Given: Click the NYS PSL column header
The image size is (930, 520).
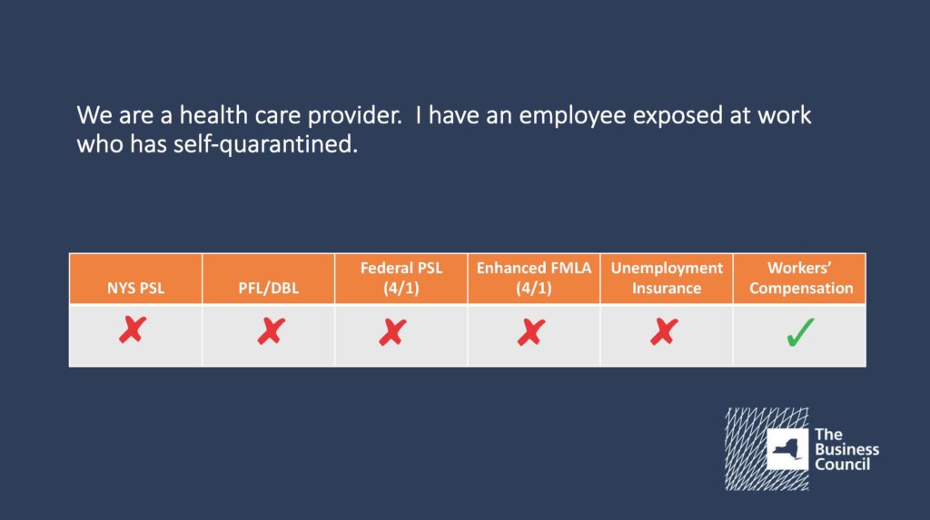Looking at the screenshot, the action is click(x=136, y=289).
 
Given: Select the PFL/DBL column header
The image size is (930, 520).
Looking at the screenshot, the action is click(x=269, y=289).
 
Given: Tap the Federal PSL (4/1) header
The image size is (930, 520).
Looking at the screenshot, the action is click(x=401, y=278).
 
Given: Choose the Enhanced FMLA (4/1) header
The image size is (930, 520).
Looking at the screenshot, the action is click(x=534, y=278).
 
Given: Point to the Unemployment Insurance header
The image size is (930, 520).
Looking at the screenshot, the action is click(x=667, y=278).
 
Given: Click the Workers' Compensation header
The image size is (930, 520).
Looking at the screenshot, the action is click(x=801, y=278).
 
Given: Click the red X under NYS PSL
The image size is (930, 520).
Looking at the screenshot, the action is click(x=133, y=329).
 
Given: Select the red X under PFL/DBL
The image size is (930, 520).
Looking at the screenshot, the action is click(x=271, y=331).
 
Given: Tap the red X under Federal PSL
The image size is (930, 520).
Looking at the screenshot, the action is click(x=392, y=332).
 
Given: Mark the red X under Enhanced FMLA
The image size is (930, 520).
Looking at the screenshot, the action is click(x=530, y=332).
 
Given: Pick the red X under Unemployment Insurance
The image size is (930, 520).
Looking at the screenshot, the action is click(x=664, y=332).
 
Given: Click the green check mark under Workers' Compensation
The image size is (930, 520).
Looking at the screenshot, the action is click(x=800, y=332).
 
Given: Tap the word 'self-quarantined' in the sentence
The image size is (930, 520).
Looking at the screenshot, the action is click(x=266, y=144).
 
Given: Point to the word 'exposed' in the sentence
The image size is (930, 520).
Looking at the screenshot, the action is click(x=678, y=116).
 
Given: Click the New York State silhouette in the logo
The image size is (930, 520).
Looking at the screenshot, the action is click(x=787, y=449).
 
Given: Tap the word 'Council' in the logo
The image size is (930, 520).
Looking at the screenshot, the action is click(x=842, y=465).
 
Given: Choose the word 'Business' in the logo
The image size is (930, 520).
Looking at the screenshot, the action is click(x=847, y=449).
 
